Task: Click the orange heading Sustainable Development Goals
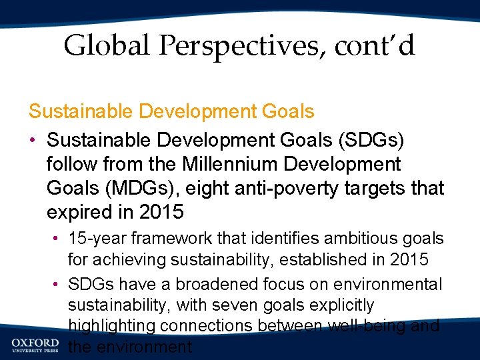tap(171, 111)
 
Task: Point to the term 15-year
tap(99, 239)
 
